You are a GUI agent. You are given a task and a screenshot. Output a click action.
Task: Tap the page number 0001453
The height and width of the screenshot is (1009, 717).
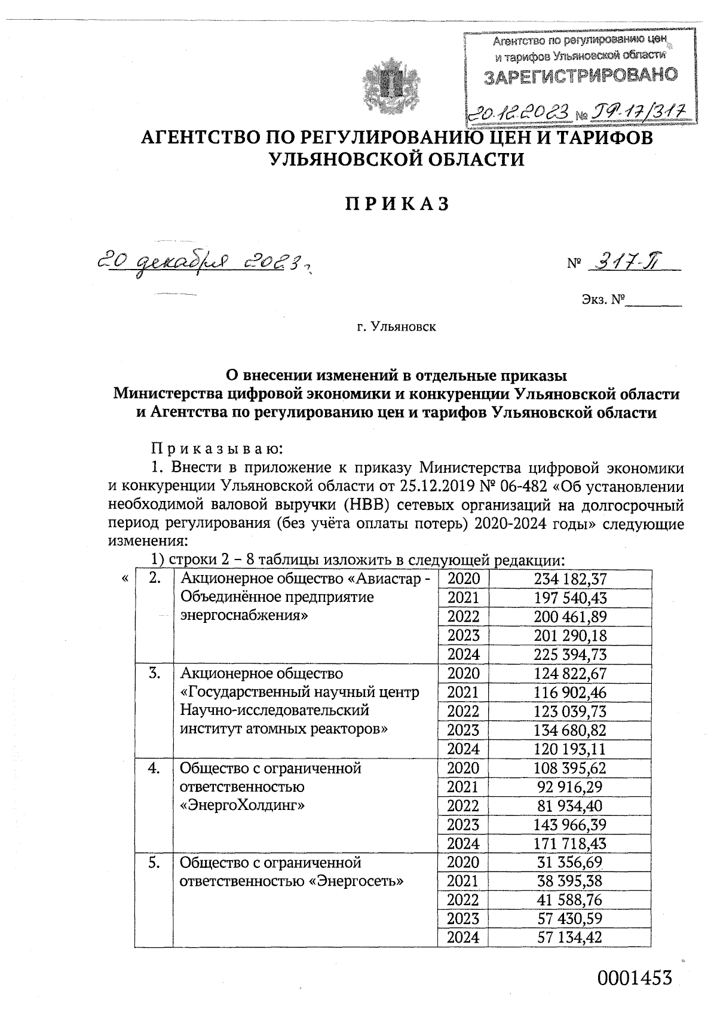(635, 977)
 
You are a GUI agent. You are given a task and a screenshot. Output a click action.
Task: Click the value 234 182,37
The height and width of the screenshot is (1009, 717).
(571, 579)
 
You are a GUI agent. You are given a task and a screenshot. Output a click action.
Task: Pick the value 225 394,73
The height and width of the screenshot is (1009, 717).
(571, 654)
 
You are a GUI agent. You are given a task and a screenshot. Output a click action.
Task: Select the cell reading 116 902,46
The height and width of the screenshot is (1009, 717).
(571, 692)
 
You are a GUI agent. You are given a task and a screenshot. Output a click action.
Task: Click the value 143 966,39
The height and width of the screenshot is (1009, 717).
(571, 825)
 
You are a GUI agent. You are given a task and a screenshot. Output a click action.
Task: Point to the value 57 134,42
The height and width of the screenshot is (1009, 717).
(571, 937)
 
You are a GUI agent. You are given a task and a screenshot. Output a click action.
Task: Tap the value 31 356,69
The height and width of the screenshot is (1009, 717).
(571, 863)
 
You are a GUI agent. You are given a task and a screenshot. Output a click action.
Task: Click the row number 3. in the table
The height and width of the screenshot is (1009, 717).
(154, 673)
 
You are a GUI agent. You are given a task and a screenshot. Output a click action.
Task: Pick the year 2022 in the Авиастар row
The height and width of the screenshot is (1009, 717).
(464, 616)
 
